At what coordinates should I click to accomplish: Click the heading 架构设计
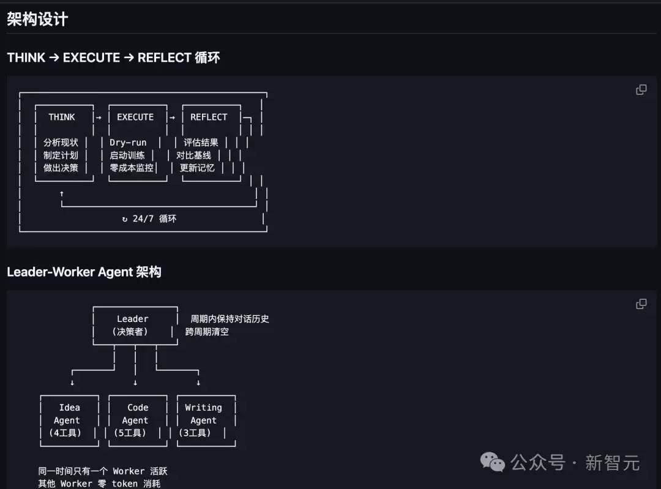pyautogui.click(x=37, y=19)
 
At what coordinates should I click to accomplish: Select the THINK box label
pyautogui.click(x=62, y=117)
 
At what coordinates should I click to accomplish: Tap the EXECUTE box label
pyautogui.click(x=135, y=117)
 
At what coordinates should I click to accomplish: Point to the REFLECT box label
pyautogui.click(x=209, y=117)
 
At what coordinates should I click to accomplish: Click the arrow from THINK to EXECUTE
pyautogui.click(x=99, y=118)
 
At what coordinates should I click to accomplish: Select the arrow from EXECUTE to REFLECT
pyautogui.click(x=172, y=118)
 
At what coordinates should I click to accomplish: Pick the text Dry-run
pyautogui.click(x=128, y=143)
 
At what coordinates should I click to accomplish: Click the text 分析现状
pyautogui.click(x=61, y=143)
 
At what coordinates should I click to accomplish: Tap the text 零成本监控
pyautogui.click(x=132, y=168)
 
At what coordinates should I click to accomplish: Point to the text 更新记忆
pyautogui.click(x=197, y=168)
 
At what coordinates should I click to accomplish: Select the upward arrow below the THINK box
pyautogui.click(x=62, y=193)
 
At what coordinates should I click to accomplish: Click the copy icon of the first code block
pyautogui.click(x=641, y=90)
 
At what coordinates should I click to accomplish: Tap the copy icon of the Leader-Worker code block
pyautogui.click(x=641, y=304)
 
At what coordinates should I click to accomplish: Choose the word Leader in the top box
pyautogui.click(x=133, y=319)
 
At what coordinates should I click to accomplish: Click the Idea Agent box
pyautogui.click(x=70, y=420)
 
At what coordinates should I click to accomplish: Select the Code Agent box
pyautogui.click(x=138, y=420)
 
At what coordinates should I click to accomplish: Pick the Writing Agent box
pyautogui.click(x=206, y=420)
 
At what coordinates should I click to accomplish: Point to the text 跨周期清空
pyautogui.click(x=207, y=332)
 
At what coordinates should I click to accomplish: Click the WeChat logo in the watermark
pyautogui.click(x=492, y=462)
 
